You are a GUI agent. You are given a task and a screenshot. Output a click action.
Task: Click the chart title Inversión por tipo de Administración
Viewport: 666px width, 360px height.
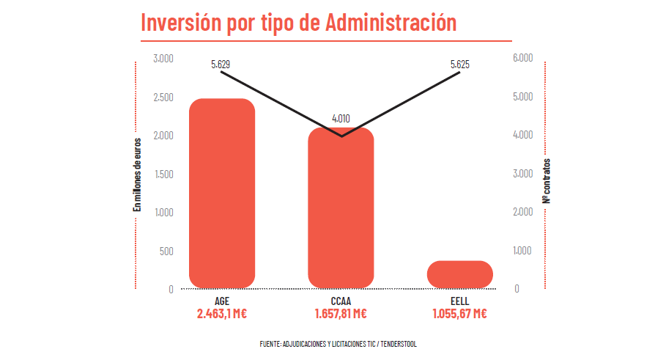(x=298, y=22)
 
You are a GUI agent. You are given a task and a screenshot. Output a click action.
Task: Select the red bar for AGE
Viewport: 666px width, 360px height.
(x=222, y=193)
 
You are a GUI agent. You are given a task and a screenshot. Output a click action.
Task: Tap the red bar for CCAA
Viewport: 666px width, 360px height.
(x=341, y=207)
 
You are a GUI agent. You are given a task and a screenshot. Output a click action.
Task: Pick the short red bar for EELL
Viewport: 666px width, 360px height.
(x=459, y=273)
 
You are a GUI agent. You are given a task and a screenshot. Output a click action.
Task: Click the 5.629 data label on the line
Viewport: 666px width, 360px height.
(x=221, y=65)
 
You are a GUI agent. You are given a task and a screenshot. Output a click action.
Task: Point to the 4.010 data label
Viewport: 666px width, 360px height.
(x=341, y=117)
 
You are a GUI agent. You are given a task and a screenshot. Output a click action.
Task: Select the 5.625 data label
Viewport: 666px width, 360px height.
(x=460, y=65)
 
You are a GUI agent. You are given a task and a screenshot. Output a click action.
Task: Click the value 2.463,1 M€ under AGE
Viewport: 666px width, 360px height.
(x=222, y=314)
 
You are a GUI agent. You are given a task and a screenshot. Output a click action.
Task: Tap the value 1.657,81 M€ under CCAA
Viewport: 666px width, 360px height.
(x=341, y=314)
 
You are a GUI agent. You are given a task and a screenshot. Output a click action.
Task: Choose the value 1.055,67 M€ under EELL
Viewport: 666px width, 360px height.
(x=459, y=314)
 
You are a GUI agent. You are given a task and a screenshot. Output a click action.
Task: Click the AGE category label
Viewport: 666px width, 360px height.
(x=222, y=301)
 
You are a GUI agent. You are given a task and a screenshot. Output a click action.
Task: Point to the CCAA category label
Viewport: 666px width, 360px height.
(x=341, y=301)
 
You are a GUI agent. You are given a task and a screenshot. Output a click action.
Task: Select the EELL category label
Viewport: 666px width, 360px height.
(x=459, y=301)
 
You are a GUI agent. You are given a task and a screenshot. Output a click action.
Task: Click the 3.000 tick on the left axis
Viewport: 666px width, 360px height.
(x=163, y=59)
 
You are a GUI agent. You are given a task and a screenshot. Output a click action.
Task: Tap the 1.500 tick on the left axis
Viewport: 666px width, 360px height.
(x=163, y=174)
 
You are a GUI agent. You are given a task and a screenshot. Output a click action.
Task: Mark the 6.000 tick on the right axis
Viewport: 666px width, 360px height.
(x=522, y=59)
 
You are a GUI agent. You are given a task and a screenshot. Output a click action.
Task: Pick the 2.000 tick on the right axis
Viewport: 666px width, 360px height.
(x=522, y=213)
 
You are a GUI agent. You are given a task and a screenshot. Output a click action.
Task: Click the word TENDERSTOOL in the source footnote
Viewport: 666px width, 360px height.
(x=399, y=344)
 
